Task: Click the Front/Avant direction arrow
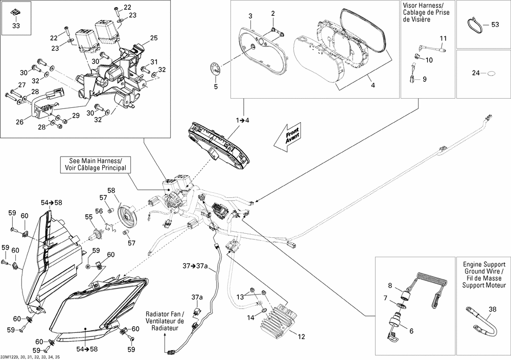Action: pyautogui.click(x=289, y=136)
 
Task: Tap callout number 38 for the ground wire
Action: pyautogui.click(x=492, y=309)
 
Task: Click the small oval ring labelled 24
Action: pyautogui.click(x=491, y=73)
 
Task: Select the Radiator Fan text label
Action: pyautogui.click(x=164, y=321)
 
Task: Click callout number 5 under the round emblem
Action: pyautogui.click(x=215, y=87)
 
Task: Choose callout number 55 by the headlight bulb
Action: pyautogui.click(x=89, y=217)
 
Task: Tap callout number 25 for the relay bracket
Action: pyautogui.click(x=154, y=38)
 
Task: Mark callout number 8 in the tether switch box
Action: pyautogui.click(x=389, y=285)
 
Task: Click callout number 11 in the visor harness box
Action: pyautogui.click(x=443, y=38)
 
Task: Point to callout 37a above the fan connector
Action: pyautogui.click(x=197, y=297)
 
